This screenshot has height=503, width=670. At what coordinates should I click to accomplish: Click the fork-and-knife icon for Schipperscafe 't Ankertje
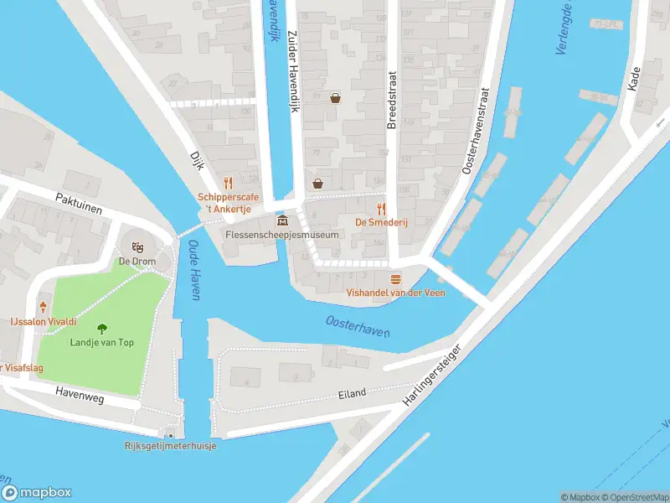click(226, 182)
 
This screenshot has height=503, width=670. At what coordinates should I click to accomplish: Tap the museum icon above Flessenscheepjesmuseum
click(282, 220)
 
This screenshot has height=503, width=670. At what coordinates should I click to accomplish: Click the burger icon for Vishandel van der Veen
click(395, 278)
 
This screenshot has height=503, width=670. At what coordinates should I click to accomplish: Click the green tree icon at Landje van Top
click(102, 328)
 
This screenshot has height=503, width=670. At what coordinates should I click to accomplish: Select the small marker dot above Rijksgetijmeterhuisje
click(171, 435)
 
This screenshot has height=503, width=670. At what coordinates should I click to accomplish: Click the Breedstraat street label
click(391, 100)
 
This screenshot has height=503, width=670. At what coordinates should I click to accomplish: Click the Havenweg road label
click(80, 396)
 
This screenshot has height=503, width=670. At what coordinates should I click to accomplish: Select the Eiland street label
click(353, 394)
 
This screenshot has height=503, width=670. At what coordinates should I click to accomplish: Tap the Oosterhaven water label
click(358, 326)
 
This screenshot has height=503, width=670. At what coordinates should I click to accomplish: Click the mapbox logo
click(37, 493)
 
